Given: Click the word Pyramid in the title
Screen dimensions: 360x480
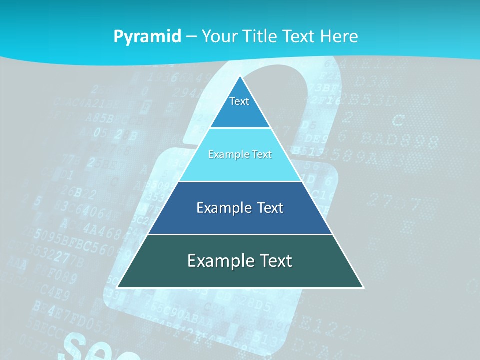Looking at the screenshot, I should [x=147, y=36].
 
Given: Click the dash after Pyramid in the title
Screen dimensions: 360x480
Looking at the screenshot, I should [x=191, y=37].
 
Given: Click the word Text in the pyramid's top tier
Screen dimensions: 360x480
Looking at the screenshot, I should [x=239, y=101].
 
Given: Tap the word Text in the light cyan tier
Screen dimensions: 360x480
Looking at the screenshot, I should [x=260, y=155].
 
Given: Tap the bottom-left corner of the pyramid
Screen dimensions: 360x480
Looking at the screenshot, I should [x=117, y=287].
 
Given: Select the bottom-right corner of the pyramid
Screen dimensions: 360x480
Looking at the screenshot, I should [x=363, y=287].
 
